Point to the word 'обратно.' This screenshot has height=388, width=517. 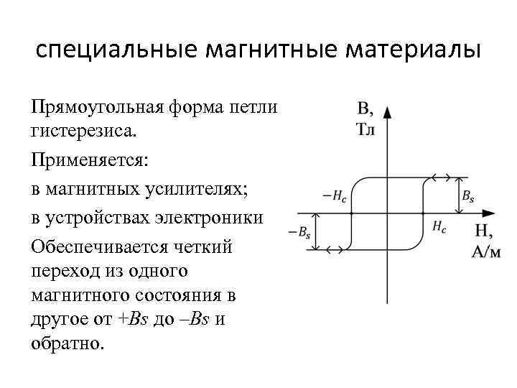pyautogui.click(x=68, y=342)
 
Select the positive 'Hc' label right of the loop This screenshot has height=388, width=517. pyautogui.click(x=440, y=226)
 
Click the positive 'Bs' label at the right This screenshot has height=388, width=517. pyautogui.click(x=467, y=195)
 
